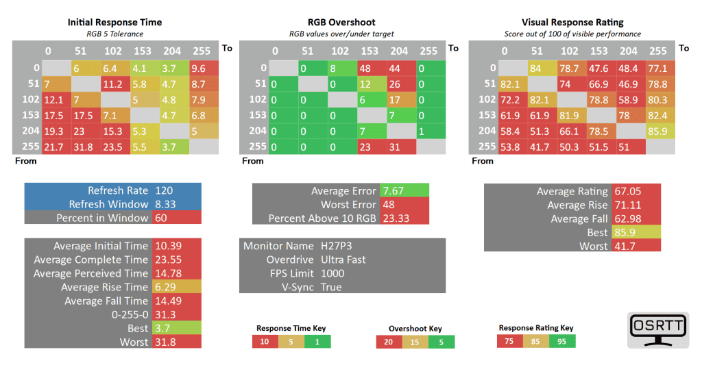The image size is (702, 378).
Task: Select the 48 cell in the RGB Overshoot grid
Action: point(370,68)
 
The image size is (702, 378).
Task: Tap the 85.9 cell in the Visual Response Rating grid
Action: point(657,130)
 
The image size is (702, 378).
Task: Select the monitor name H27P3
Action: point(337,246)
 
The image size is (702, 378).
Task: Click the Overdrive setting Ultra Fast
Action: point(343,260)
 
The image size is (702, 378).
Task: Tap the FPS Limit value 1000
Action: point(332,273)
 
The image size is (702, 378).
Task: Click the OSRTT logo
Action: point(657,331)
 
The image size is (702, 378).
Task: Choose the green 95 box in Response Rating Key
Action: point(561,341)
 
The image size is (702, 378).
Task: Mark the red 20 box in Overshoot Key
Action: point(389,342)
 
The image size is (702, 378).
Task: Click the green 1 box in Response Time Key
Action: point(316,341)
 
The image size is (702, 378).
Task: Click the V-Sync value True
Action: point(331,287)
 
